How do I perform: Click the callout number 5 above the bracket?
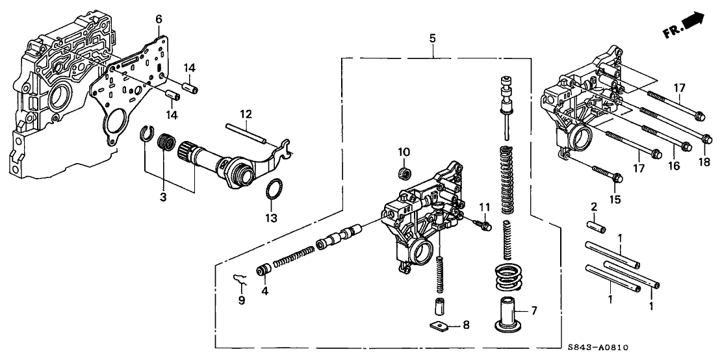pos(432,38)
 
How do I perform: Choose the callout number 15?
pos(612,198)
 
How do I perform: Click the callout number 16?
pos(674,166)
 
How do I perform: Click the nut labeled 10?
pos(404,173)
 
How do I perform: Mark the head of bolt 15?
pos(617,177)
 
